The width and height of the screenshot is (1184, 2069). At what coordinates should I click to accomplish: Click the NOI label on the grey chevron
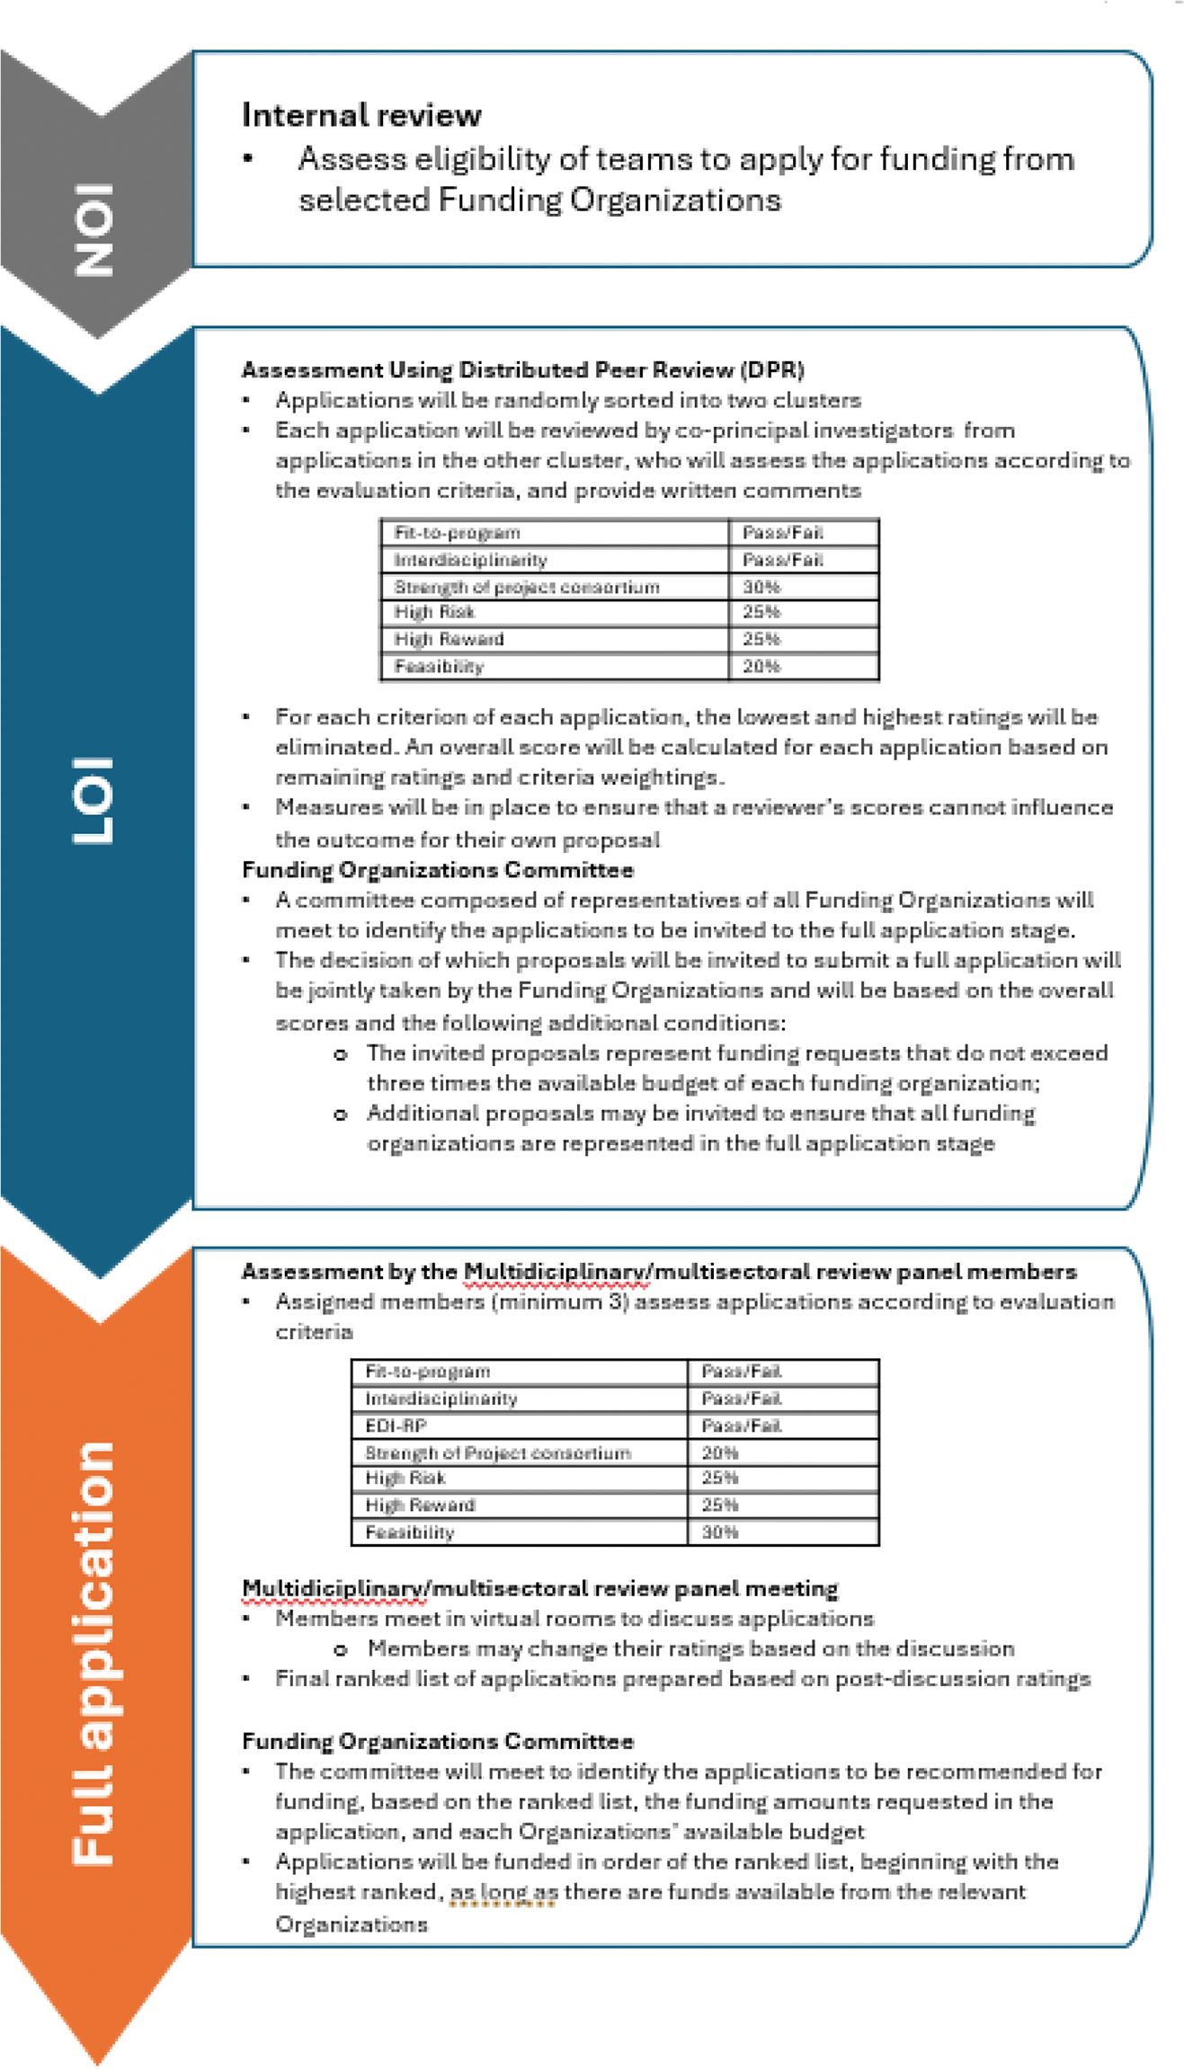pos(93,229)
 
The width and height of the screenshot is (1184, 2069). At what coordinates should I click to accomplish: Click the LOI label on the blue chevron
pos(93,799)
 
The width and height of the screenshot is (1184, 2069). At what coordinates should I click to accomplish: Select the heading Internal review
pos(361,115)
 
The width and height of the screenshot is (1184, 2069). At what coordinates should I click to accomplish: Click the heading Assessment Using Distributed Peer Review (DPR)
pos(522,369)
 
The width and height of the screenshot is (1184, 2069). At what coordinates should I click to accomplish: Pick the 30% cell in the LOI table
pos(761,587)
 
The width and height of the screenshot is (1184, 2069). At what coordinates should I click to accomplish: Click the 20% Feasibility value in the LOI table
pos(761,666)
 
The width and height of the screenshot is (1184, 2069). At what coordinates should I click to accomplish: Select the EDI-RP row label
pos(396,1425)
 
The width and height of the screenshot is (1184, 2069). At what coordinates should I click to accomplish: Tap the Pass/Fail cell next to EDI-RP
pos(741,1425)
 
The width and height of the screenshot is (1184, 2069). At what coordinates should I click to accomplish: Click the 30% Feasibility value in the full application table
pos(719,1532)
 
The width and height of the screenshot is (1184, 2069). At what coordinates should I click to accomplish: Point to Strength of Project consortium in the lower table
pos(497,1452)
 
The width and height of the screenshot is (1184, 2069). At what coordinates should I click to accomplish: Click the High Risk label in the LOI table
pos(434,612)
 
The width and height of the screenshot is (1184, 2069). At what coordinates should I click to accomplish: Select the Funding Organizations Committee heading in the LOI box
pos(438,870)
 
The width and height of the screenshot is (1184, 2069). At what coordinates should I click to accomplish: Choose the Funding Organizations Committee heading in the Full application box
pos(438,1741)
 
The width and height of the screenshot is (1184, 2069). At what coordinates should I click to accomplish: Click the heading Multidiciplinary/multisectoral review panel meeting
pos(539,1588)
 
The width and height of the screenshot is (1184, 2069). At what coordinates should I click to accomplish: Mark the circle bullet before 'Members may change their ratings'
pos(341,1649)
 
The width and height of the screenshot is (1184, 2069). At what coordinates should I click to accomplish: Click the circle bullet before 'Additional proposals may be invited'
pos(341,1114)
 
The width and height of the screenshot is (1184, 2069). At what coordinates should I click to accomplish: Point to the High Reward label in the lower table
pos(420,1505)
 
